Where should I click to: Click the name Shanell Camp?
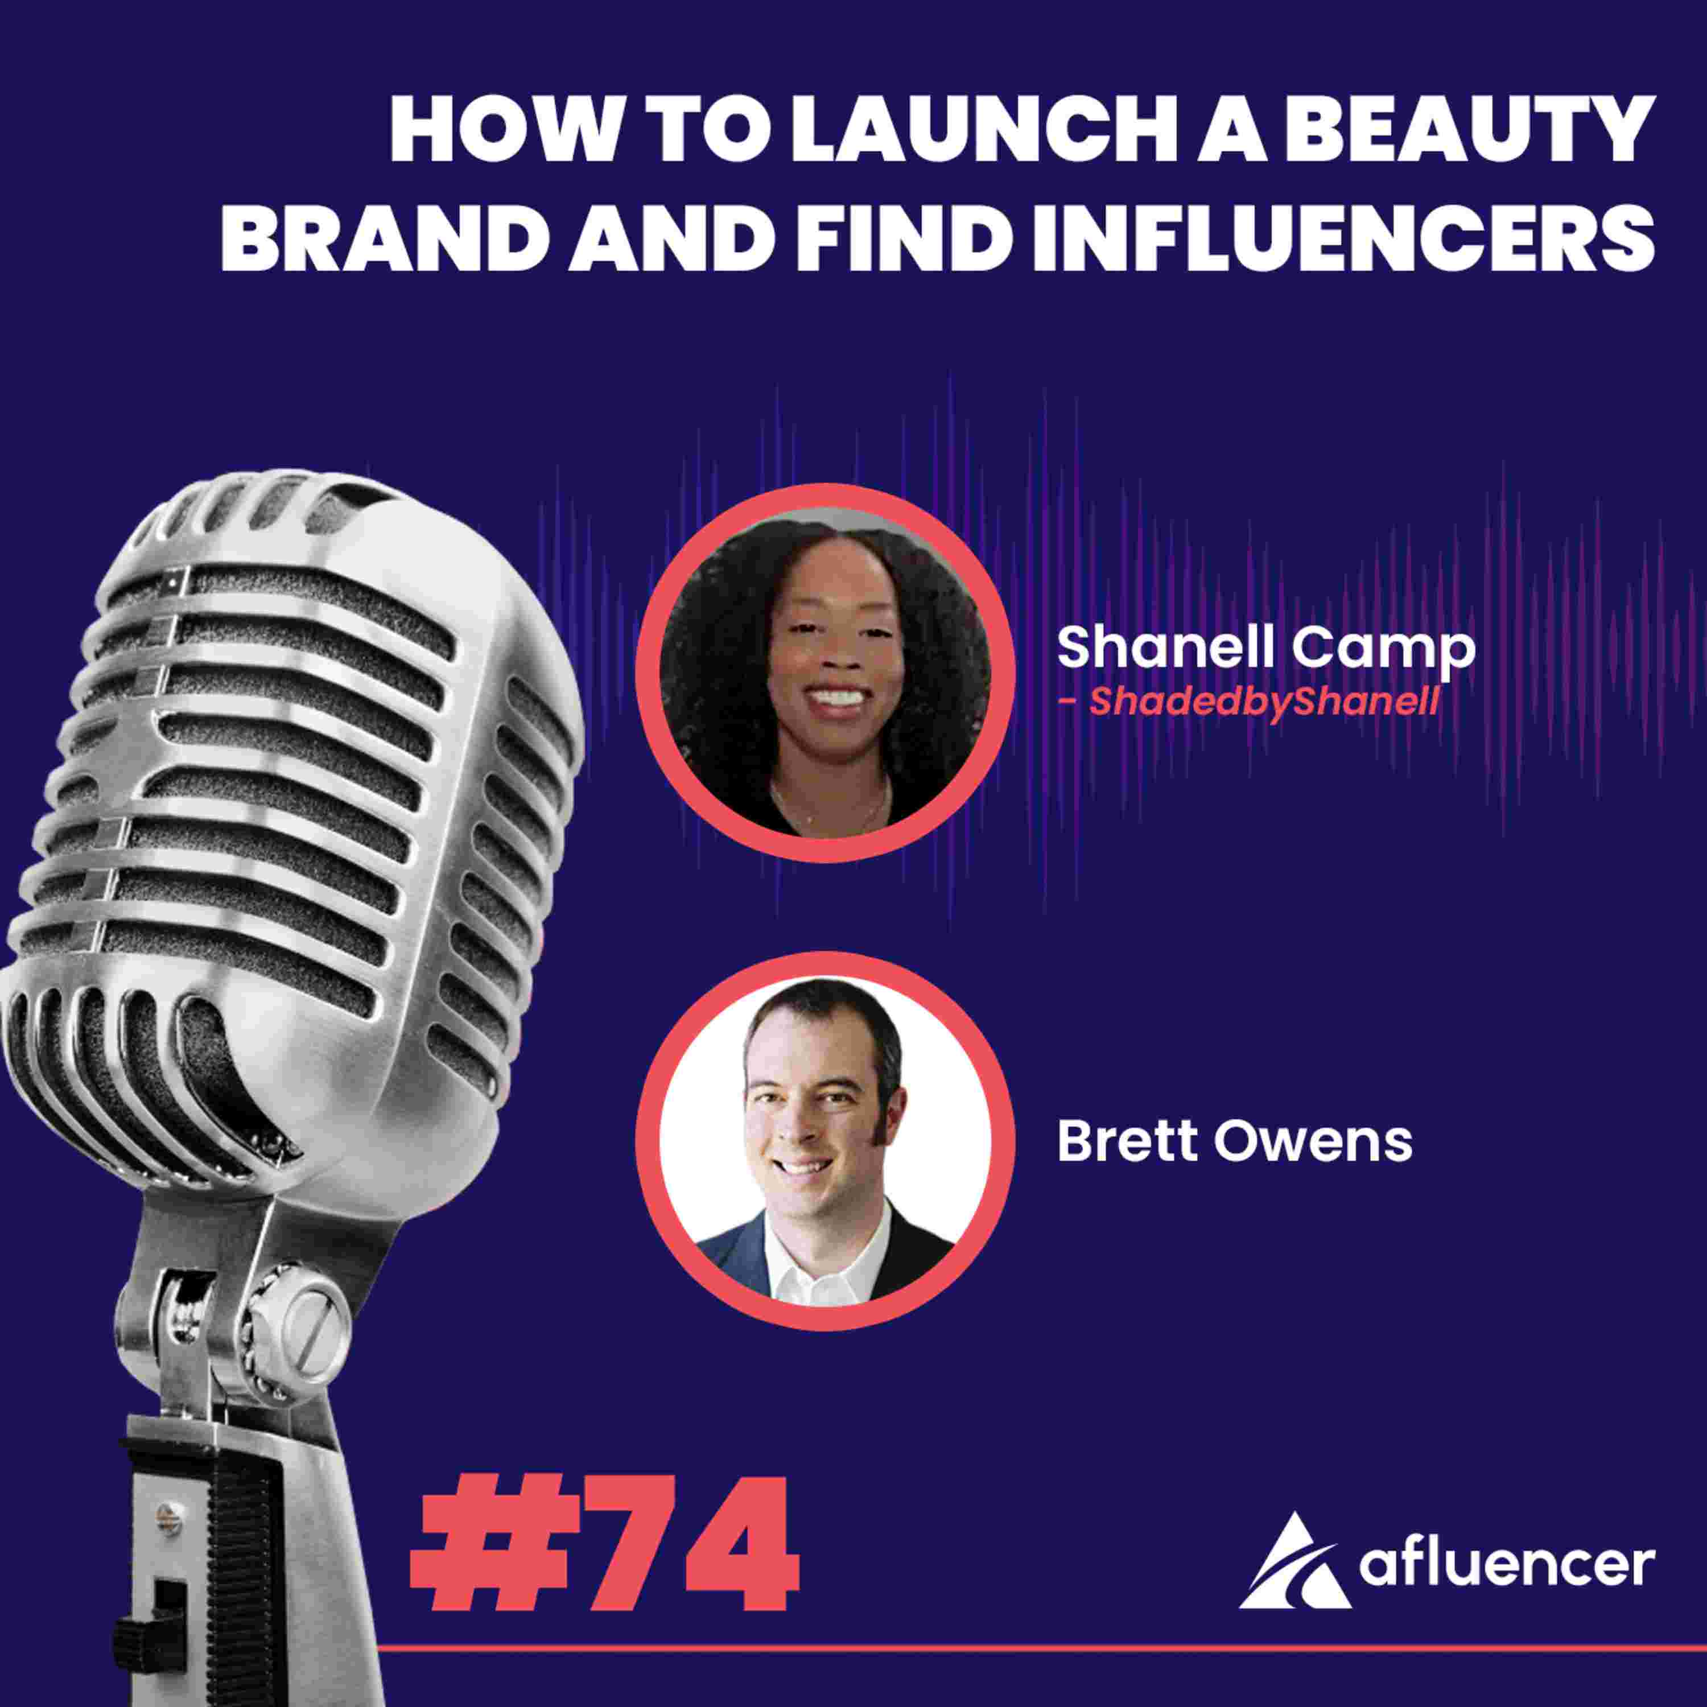point(1266,649)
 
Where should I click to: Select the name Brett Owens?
point(1234,1143)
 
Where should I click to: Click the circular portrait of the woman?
point(824,673)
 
